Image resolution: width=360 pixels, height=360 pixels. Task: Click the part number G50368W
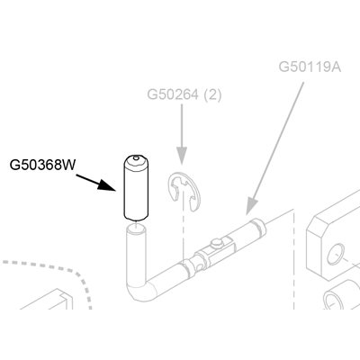coord(42,165)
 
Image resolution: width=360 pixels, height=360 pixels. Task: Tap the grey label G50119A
coord(310,67)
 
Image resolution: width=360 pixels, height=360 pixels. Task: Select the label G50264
coord(173,94)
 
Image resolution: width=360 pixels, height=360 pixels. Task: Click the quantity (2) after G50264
coord(212,95)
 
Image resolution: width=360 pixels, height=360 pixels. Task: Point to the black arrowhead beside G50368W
coord(107,185)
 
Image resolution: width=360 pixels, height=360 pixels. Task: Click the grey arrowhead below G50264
coord(182,156)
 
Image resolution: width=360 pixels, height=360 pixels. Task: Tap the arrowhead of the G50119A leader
coord(251,206)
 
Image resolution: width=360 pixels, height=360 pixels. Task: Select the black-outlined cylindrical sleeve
coord(136,188)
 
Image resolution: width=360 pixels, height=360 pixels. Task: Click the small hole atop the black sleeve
coord(136,157)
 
